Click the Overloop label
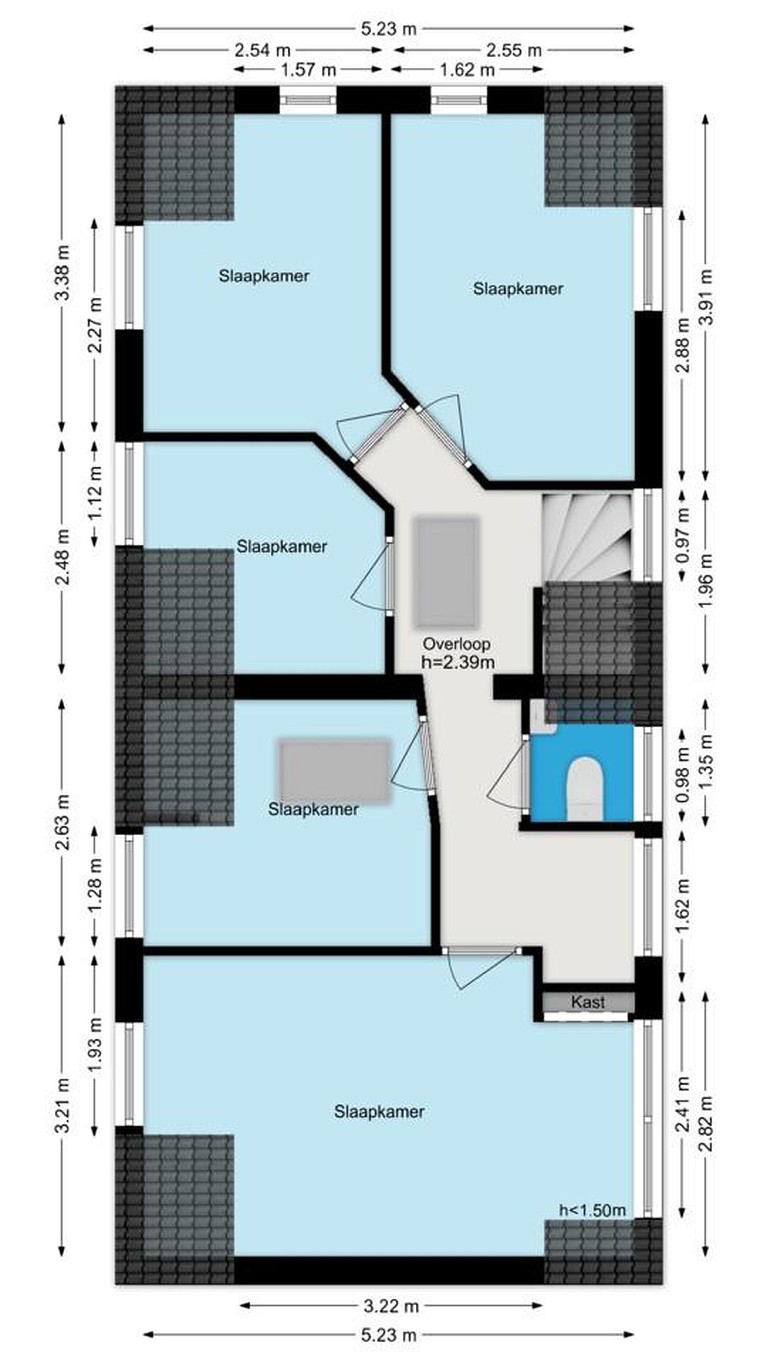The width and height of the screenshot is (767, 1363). (456, 644)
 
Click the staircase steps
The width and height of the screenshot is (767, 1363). (587, 537)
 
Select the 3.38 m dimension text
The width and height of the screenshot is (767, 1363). (63, 273)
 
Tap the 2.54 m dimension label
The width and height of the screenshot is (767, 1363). (263, 50)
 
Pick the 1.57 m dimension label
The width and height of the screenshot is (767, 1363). (308, 69)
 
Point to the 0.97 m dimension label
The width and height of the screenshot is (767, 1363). (683, 535)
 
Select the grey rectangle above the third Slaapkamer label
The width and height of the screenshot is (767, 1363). (335, 771)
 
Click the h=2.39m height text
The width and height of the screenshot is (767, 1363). (458, 662)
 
